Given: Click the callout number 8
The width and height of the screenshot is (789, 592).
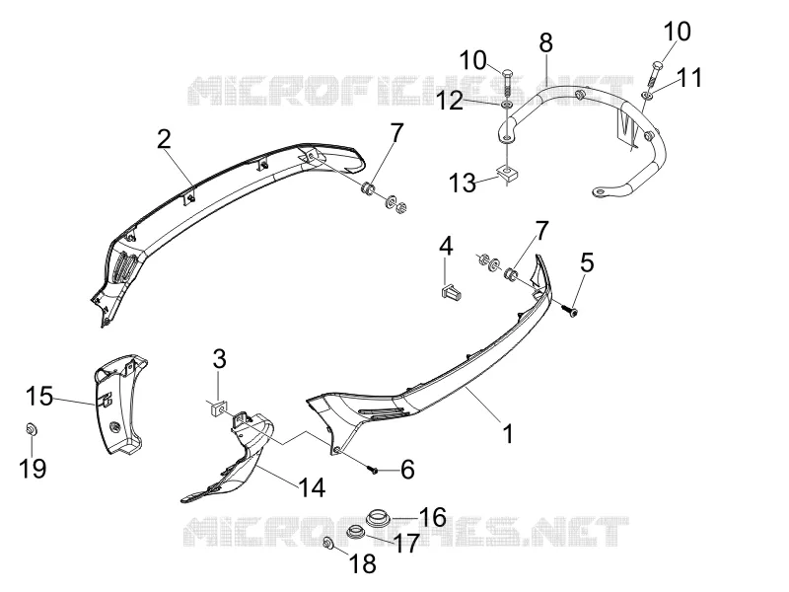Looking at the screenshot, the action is [x=546, y=42].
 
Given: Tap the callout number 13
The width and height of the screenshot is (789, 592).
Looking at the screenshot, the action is [x=463, y=183].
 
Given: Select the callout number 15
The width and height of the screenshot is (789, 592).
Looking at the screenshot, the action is [x=39, y=397].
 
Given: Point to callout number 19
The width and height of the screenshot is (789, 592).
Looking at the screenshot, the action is [x=33, y=468].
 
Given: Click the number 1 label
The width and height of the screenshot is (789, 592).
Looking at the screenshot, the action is [x=508, y=433].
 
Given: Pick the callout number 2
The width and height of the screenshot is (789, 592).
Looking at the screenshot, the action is [x=164, y=139].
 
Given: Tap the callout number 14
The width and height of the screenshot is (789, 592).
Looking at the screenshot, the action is [x=312, y=486].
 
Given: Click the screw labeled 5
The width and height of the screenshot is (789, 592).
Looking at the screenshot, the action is [x=570, y=312].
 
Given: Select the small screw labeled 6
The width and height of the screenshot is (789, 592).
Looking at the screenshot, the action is [x=373, y=471].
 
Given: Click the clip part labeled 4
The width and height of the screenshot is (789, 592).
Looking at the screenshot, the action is [x=451, y=291].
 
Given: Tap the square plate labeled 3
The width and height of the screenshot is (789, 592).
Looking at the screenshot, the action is [x=218, y=409].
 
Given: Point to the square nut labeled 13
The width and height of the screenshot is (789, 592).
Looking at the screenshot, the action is [x=506, y=174].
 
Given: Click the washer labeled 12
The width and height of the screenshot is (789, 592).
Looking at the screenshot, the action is [x=507, y=105].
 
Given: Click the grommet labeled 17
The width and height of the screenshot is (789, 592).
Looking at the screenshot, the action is [x=357, y=531].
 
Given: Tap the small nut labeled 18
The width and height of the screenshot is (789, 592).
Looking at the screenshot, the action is [x=328, y=544].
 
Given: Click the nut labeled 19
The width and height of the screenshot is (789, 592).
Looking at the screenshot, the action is [x=31, y=429].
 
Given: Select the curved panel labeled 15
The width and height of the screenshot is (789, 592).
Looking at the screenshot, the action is [x=119, y=405].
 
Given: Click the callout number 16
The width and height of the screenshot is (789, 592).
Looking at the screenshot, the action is [x=433, y=517].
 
